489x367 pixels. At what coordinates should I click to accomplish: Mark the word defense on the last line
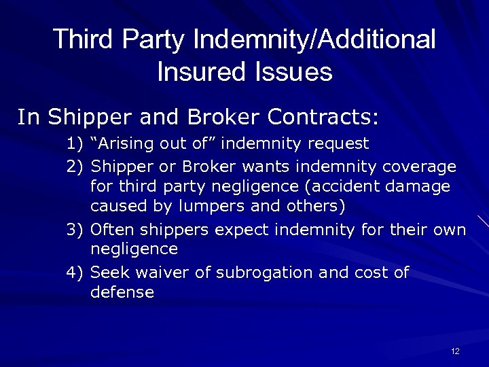(122, 293)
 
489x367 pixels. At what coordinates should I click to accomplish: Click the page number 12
(455, 351)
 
